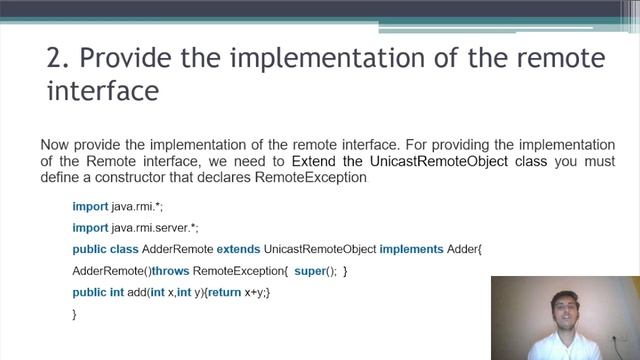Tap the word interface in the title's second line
pyautogui.click(x=102, y=91)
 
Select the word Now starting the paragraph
pyautogui.click(x=55, y=143)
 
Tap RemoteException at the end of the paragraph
pyautogui.click(x=312, y=178)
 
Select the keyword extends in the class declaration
pyautogui.click(x=238, y=249)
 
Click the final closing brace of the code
pyautogui.click(x=75, y=314)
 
